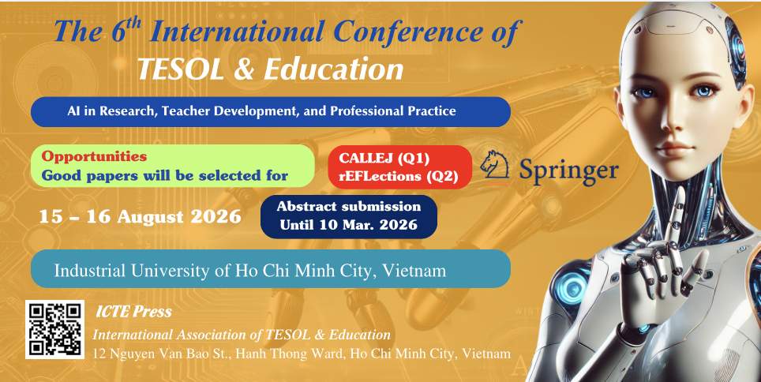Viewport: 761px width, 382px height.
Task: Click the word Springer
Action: point(568,168)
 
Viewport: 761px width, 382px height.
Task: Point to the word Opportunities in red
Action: point(94,156)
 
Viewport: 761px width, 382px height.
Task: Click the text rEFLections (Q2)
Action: point(399,176)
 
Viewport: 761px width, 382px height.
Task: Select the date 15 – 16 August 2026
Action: point(141,215)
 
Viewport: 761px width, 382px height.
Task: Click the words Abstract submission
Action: point(349,206)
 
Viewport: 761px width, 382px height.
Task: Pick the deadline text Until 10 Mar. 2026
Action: point(348,224)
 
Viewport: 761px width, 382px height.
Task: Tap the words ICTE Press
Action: point(133,312)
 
